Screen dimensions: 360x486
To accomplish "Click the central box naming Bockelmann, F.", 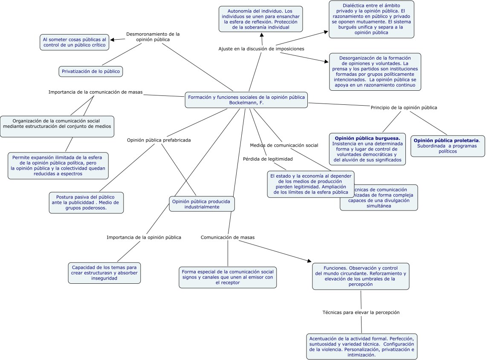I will pos(246,100).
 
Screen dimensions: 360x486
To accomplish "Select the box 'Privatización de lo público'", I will pos(91,71).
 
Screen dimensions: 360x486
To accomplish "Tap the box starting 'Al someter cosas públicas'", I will pos(74,42).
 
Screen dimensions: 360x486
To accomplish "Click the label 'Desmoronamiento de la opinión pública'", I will pos(153,37).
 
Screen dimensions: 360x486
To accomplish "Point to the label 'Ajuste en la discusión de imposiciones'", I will pos(261,49).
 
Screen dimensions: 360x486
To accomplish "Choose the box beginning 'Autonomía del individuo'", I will pos(260,19).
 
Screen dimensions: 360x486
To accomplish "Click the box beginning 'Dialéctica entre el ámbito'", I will pos(371,19).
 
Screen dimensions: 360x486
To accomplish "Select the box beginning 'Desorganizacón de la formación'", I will pos(375,72).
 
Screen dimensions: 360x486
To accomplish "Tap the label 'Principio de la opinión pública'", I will pos(404,107).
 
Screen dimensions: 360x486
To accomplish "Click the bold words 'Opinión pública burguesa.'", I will pos(367,138).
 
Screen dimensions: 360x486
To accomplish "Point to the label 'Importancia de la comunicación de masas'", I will pos(95,92).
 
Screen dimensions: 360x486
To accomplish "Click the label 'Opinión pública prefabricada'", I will pos(159,140).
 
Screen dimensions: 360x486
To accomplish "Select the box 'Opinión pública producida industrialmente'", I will pos(202,204).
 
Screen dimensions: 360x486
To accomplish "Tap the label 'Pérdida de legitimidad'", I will pos(268,159).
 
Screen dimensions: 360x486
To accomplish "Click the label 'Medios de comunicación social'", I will pos(284,145).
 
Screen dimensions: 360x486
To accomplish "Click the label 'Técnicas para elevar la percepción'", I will pos(361,312).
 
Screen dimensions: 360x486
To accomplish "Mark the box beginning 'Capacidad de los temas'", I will pos(104,273).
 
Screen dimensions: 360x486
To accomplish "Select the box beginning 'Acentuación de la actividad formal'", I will pos(362,346).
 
